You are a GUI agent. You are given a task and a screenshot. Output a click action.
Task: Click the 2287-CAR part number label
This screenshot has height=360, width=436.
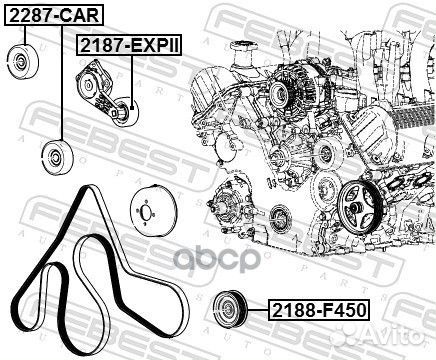point(54,15)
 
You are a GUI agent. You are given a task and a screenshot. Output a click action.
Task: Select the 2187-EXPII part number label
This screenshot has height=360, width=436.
point(130,45)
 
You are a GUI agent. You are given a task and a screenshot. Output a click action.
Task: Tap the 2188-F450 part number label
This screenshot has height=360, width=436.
point(319,310)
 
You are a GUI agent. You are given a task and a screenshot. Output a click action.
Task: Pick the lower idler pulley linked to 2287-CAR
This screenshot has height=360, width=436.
point(57,157)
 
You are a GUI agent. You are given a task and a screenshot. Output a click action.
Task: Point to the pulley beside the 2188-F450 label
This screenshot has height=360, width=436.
point(230,310)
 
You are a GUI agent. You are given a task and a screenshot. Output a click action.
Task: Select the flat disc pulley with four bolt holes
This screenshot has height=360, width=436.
point(147,211)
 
